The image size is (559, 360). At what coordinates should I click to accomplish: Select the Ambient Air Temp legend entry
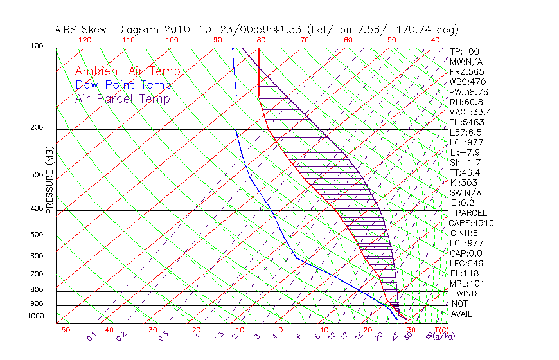click(x=127, y=71)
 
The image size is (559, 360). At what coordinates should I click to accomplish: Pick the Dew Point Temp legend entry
click(x=123, y=85)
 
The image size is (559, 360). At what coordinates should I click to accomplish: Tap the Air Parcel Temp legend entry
click(x=122, y=98)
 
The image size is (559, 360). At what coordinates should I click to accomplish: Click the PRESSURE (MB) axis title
click(x=49, y=181)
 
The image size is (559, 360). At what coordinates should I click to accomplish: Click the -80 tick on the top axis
click(x=258, y=39)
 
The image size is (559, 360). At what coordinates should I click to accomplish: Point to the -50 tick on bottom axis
click(x=62, y=330)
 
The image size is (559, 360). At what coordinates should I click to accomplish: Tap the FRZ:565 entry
click(x=467, y=71)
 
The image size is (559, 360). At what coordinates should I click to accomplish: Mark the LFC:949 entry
click(x=466, y=264)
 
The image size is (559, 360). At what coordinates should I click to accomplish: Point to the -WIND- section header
click(x=467, y=293)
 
